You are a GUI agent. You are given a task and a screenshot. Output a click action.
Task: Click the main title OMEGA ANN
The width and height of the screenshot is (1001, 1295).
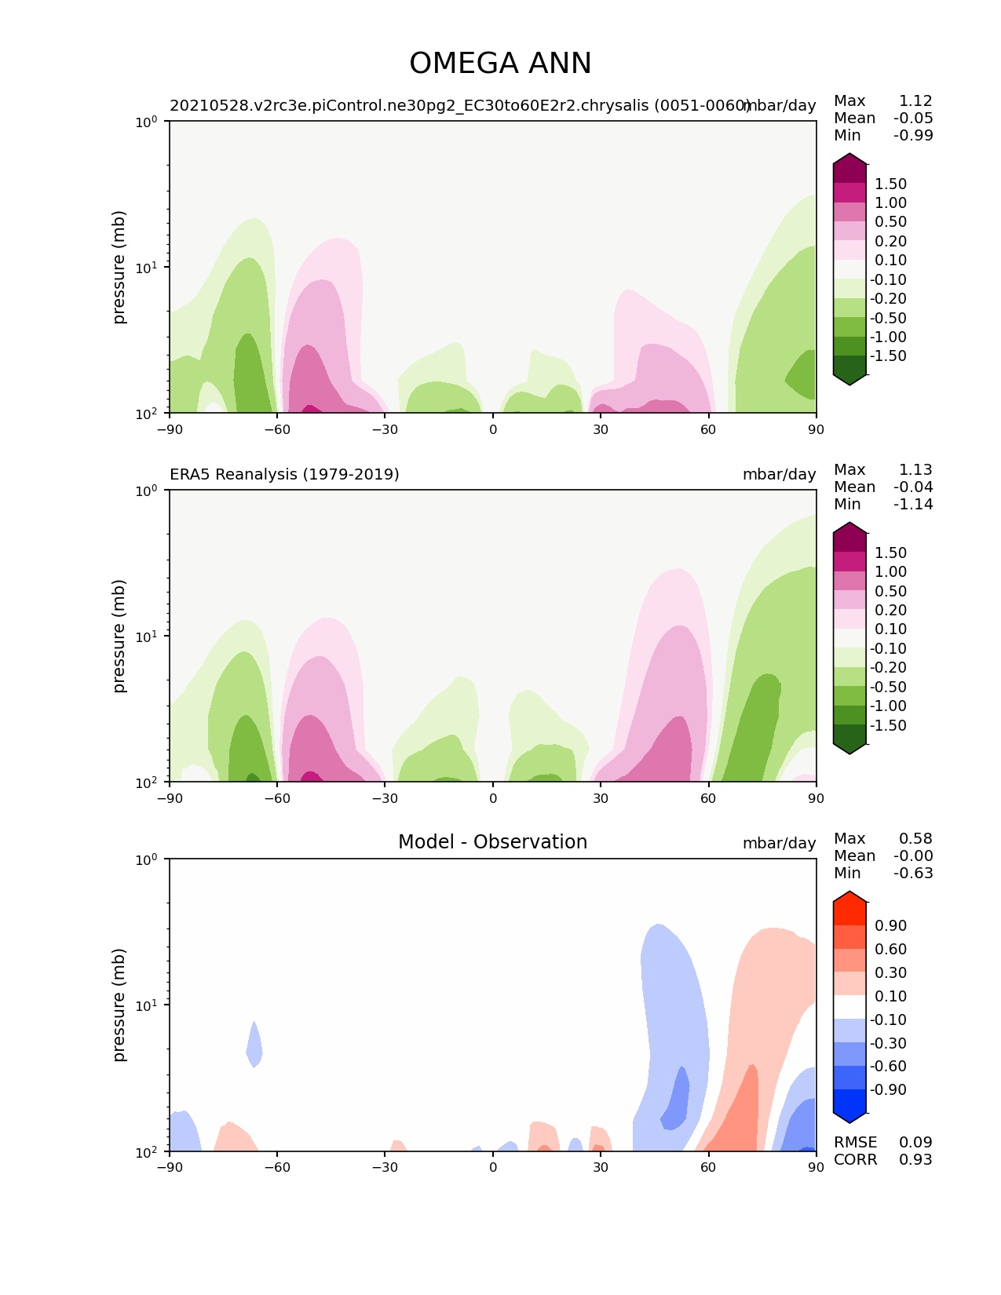[500, 64]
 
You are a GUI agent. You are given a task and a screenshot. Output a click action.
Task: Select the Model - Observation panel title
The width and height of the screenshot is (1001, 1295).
[492, 842]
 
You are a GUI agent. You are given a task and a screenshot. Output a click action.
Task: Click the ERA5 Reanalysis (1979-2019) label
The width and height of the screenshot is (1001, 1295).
[284, 474]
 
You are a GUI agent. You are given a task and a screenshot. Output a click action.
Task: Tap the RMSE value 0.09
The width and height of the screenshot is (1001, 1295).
[915, 1142]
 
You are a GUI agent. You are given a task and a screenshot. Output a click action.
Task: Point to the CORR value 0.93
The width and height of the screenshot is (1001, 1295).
[915, 1159]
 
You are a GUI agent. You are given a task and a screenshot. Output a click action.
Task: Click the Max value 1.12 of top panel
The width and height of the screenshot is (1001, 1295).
[915, 100]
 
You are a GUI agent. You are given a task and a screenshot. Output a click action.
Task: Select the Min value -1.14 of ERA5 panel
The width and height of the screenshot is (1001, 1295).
[913, 504]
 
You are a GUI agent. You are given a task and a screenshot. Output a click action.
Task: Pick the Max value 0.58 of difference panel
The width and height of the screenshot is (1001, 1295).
[915, 838]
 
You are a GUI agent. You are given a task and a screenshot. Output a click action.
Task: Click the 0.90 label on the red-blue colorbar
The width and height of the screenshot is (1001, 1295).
[890, 925]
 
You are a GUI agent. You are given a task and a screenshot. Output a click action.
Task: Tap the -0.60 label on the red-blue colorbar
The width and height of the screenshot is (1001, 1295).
[888, 1066]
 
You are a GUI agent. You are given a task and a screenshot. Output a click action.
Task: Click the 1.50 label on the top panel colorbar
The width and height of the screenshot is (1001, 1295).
[890, 184]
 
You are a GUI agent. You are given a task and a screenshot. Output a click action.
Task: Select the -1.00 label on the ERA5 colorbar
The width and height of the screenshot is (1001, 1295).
[888, 706]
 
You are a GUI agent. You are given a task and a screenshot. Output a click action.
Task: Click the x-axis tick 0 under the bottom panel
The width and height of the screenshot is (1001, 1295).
[493, 1167]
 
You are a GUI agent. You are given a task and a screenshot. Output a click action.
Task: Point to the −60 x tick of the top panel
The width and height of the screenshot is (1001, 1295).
[277, 429]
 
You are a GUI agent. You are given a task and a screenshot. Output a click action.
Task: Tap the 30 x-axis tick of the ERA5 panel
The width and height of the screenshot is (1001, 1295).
[601, 798]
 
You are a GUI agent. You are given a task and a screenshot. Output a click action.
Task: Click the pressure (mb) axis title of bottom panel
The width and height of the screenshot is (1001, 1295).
[119, 1005]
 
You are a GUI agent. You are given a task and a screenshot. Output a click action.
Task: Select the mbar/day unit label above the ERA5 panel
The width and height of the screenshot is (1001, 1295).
[779, 474]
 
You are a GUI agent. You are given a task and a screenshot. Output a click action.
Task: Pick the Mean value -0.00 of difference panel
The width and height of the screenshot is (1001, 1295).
[913, 855]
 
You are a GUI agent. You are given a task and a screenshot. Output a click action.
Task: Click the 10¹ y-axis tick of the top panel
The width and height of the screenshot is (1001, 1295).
[146, 267]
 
